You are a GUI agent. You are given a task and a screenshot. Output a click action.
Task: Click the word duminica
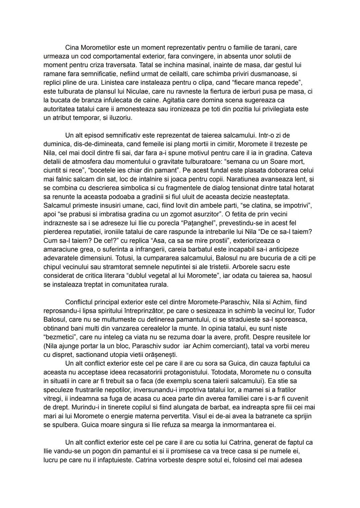[x=55, y=144]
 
